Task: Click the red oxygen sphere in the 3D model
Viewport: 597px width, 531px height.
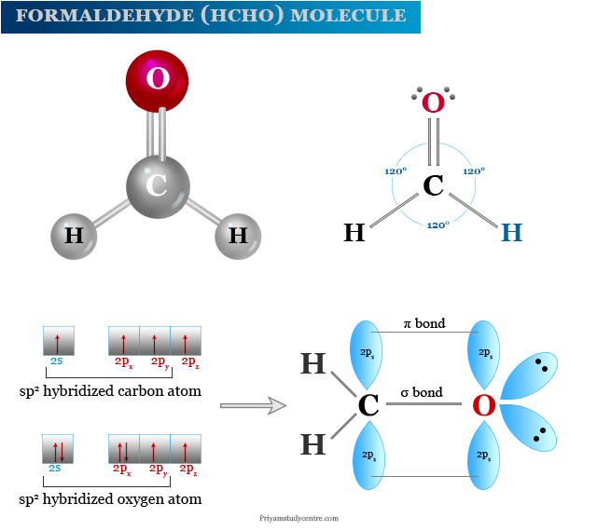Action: (158, 78)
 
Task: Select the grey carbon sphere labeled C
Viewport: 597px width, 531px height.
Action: (158, 184)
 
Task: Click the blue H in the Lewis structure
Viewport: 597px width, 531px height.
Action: (512, 233)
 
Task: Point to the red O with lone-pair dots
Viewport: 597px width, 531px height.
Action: (434, 102)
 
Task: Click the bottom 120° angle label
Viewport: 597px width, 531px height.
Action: (437, 225)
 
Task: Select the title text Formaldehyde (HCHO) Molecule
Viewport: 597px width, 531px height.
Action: (211, 16)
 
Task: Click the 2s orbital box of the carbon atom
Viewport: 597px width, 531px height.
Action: (58, 340)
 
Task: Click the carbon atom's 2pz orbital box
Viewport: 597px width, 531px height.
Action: (187, 340)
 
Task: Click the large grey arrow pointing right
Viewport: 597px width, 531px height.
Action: (252, 405)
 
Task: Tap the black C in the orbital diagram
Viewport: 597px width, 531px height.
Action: (368, 406)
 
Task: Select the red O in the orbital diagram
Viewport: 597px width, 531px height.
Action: (483, 406)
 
